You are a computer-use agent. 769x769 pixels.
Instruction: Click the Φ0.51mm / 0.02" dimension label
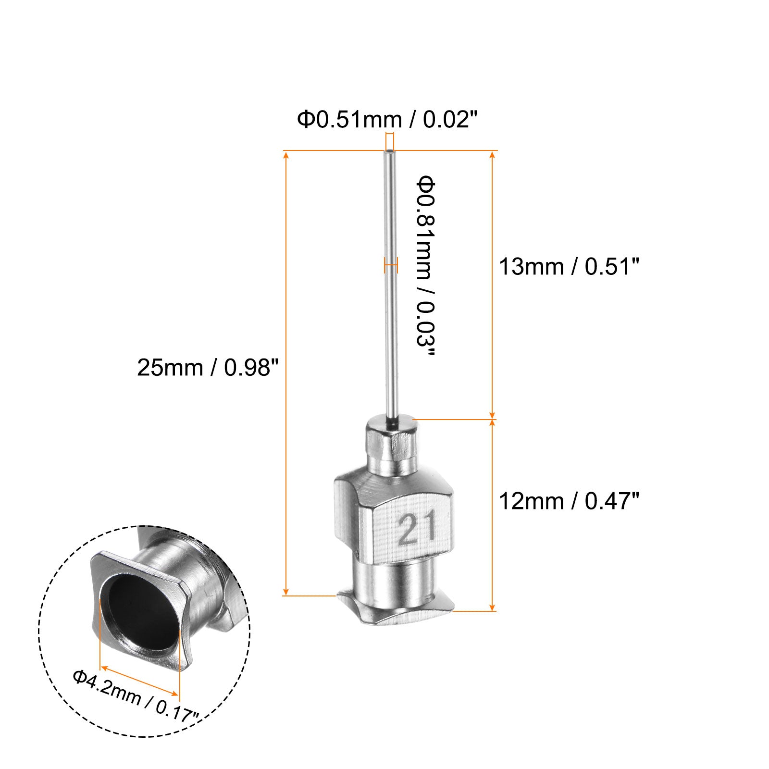389,119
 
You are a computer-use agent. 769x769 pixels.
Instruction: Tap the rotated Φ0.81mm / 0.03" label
425,267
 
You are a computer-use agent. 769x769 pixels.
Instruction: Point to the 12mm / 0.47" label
570,501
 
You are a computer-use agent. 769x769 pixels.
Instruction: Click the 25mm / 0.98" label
208,368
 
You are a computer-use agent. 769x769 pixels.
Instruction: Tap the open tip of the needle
389,153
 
